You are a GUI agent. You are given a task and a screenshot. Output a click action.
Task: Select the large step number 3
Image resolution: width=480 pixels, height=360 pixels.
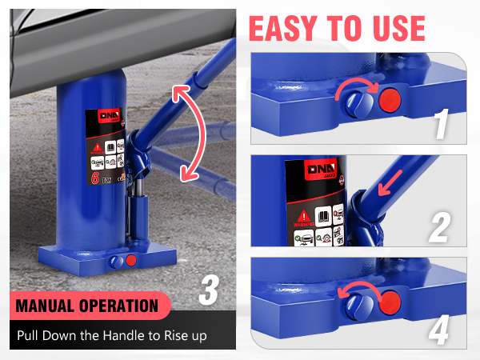click(207, 290)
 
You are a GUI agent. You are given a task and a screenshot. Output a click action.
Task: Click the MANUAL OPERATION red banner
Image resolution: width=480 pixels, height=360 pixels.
click(88, 306)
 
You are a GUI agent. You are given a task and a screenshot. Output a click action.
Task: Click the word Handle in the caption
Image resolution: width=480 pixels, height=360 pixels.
click(130, 335)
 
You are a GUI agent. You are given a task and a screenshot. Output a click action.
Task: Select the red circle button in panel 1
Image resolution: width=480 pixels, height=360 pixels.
click(390, 100)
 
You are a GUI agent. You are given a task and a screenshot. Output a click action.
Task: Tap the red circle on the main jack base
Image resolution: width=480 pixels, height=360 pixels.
click(131, 260)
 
